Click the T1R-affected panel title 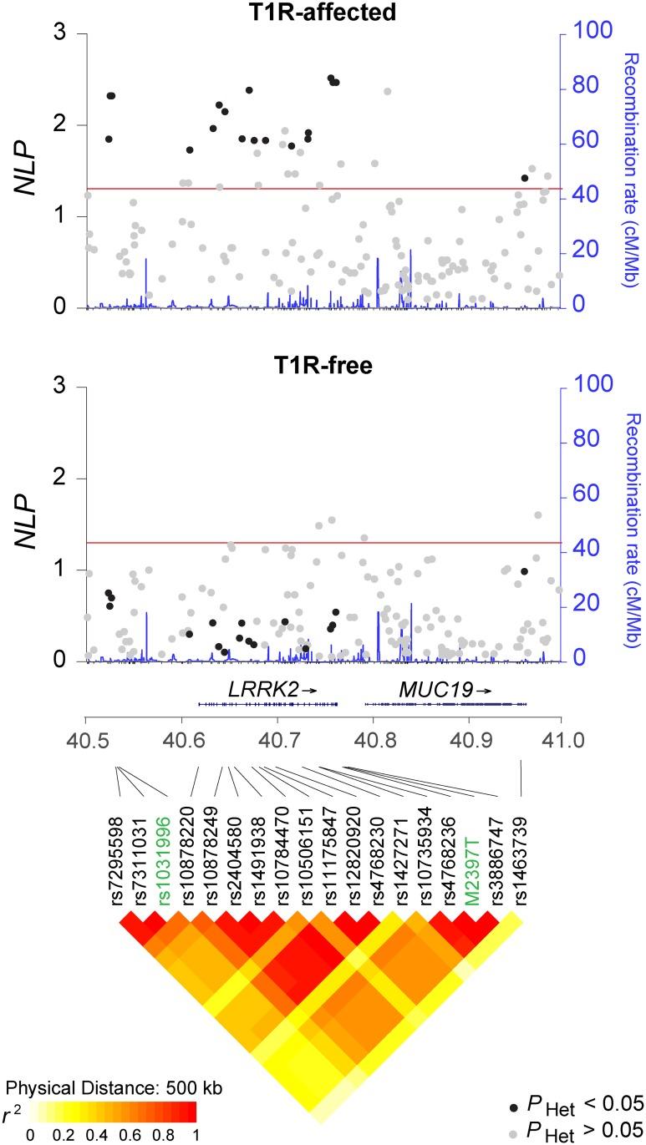323,11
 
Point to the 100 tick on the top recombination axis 590,33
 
